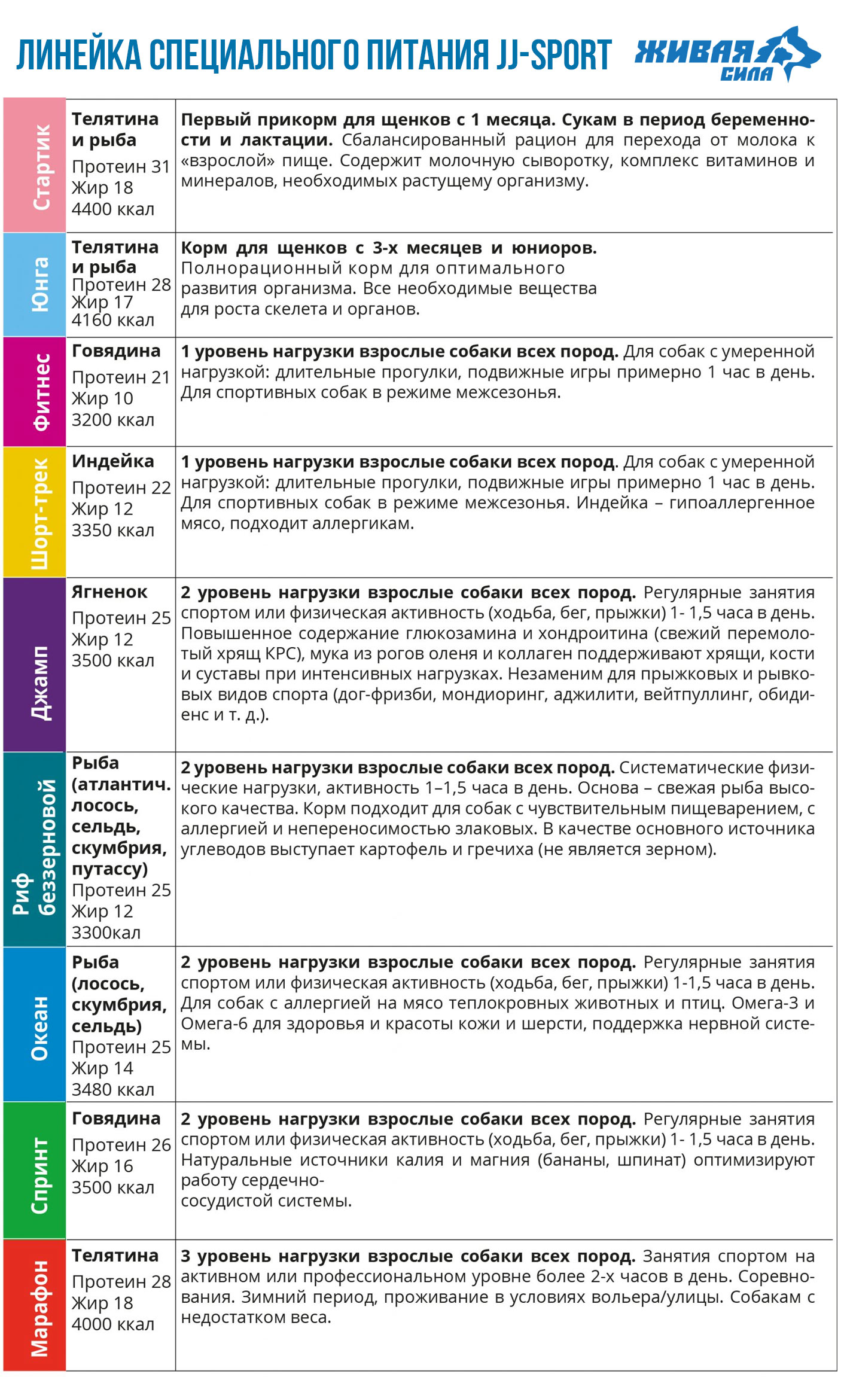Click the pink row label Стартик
click(41, 167)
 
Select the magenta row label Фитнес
click(41, 392)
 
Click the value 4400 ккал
click(113, 209)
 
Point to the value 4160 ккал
click(113, 321)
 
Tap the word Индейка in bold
click(113, 461)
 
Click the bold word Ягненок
click(109, 592)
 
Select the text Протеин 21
click(121, 377)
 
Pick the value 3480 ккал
click(113, 1089)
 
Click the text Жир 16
click(102, 1166)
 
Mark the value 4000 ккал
click(113, 1324)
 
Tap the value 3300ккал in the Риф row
click(106, 933)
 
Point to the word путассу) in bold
click(109, 869)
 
